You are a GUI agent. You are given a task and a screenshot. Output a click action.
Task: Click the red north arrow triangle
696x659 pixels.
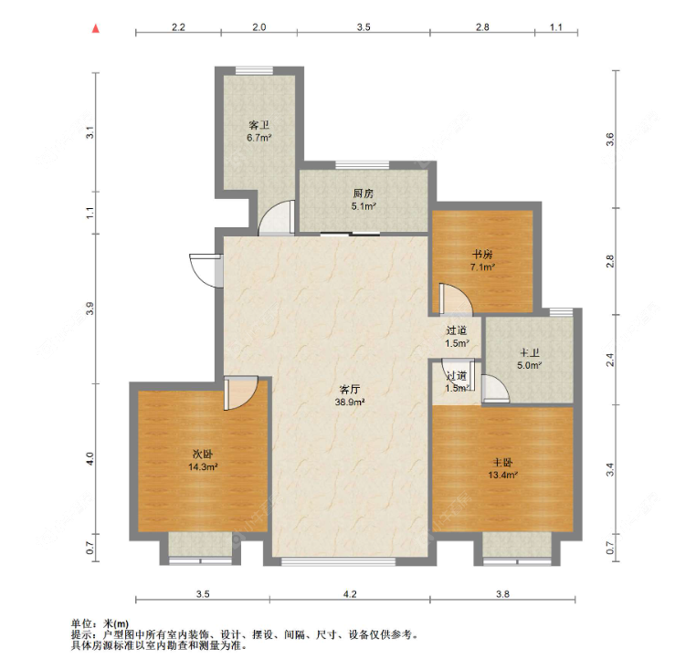click(x=95, y=29)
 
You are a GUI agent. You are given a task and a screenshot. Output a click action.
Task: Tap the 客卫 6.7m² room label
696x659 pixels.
click(x=259, y=131)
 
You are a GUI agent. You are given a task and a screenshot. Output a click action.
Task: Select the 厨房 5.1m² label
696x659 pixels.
click(x=364, y=200)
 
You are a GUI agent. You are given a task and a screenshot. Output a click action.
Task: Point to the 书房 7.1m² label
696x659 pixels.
click(x=482, y=261)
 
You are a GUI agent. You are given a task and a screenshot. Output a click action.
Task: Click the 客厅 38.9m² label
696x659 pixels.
click(x=350, y=395)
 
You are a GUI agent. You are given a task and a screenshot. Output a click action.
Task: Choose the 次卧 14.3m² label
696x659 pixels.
click(x=203, y=460)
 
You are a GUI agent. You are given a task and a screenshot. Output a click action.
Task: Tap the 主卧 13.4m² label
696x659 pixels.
click(x=503, y=469)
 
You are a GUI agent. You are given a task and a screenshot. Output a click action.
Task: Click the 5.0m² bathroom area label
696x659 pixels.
click(x=529, y=366)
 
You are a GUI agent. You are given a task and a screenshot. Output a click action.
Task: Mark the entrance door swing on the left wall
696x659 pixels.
click(x=206, y=270)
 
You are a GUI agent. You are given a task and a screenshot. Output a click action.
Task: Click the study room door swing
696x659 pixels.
click(x=456, y=298)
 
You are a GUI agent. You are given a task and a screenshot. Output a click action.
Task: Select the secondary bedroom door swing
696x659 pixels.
click(x=240, y=393)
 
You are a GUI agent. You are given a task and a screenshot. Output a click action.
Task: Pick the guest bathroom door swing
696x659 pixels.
click(x=277, y=217)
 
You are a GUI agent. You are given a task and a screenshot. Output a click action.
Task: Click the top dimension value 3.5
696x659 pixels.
click(x=364, y=27)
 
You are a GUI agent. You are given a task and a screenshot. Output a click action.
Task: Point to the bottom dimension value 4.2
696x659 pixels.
click(x=350, y=594)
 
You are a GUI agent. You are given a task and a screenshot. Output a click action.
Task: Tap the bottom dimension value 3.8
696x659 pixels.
click(x=502, y=594)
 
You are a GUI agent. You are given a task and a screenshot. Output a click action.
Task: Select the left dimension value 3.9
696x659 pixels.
click(x=90, y=309)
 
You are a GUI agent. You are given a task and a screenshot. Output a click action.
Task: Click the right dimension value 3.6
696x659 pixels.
click(x=610, y=140)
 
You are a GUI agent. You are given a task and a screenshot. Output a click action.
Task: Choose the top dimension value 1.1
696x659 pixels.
click(x=555, y=27)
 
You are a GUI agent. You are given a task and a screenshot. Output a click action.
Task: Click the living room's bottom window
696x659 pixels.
click(x=338, y=561)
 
